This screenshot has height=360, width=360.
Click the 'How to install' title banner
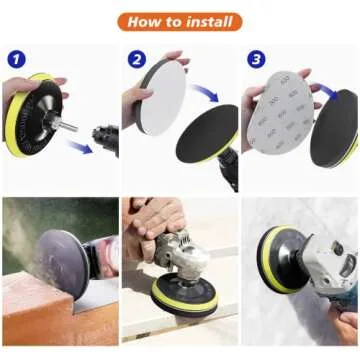179,20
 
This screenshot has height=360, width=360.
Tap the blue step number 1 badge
17,59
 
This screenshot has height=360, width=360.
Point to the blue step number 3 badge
257,59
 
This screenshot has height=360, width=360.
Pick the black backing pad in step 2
200,140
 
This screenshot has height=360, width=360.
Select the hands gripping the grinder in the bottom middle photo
150,225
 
